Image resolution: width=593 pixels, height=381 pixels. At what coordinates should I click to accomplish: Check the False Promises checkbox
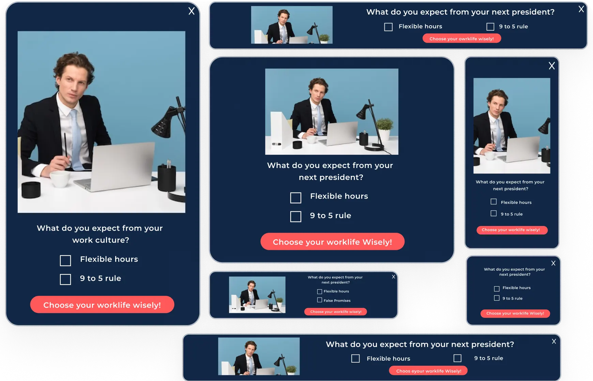[320, 300]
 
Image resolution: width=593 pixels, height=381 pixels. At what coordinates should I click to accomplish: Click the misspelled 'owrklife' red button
[462, 39]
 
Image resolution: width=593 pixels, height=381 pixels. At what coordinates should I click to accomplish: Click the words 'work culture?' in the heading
[101, 240]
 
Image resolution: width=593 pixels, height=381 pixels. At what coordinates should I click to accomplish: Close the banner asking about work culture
[192, 11]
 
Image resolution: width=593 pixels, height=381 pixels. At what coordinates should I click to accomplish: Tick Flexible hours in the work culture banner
[65, 261]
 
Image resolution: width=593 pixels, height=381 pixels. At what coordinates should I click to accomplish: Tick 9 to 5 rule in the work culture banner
[65, 279]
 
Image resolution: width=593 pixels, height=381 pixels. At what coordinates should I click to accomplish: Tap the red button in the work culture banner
[102, 305]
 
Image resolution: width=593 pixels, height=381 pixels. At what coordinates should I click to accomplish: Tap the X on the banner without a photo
[553, 263]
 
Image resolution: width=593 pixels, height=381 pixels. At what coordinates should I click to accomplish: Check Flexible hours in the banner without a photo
[497, 289]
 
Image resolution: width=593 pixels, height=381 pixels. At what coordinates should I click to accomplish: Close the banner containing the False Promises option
[394, 277]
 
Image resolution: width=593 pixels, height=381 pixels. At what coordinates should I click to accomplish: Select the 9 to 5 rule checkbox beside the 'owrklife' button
[490, 27]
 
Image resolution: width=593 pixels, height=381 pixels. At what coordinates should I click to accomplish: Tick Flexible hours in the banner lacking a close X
[296, 198]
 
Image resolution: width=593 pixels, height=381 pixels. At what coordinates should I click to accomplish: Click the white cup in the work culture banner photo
[61, 179]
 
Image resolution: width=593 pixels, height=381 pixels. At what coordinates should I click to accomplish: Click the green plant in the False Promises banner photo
[279, 300]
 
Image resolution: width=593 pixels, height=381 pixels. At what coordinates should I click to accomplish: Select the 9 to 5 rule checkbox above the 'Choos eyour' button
[458, 358]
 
